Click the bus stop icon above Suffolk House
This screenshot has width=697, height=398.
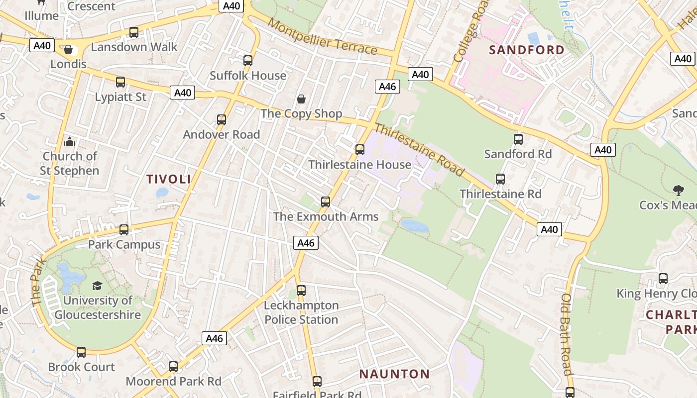[248, 61]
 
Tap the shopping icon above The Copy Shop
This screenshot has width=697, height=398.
[301, 99]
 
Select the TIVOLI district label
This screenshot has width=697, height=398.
[169, 179]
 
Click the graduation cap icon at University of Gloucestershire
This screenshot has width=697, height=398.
[98, 286]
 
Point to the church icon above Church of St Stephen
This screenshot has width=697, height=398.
[70, 142]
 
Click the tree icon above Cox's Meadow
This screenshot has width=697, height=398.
[678, 190]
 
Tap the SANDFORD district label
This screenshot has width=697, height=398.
[527, 50]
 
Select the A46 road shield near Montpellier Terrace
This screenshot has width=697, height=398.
[387, 87]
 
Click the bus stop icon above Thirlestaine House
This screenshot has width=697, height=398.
[360, 149]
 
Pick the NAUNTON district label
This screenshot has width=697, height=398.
[395, 374]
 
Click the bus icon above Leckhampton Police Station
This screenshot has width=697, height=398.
[301, 291]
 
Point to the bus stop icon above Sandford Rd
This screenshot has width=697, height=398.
[518, 139]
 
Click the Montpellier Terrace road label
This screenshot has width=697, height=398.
[322, 36]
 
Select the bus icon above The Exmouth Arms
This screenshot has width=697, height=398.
[326, 202]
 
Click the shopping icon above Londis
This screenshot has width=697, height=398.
[68, 49]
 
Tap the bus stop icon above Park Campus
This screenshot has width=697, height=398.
[124, 230]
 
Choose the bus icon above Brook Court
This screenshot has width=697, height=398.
[81, 352]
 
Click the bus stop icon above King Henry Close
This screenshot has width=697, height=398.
[663, 279]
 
